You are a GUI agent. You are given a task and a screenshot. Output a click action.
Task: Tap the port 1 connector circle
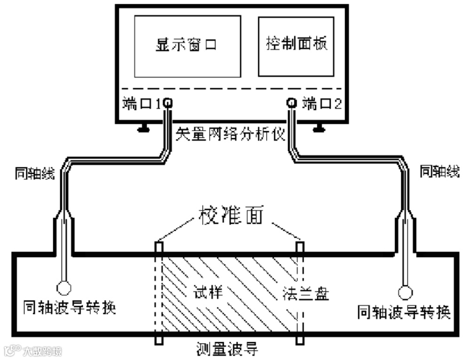click(x=167, y=102)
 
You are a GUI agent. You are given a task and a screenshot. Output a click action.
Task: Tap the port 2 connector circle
click(x=291, y=102)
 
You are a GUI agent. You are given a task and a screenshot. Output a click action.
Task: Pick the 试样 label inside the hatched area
click(x=207, y=292)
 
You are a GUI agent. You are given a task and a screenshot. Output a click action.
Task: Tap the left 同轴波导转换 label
click(x=69, y=308)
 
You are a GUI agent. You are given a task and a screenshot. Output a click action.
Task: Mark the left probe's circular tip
click(x=64, y=287)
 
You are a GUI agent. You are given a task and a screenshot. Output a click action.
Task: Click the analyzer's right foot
click(x=319, y=127)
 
